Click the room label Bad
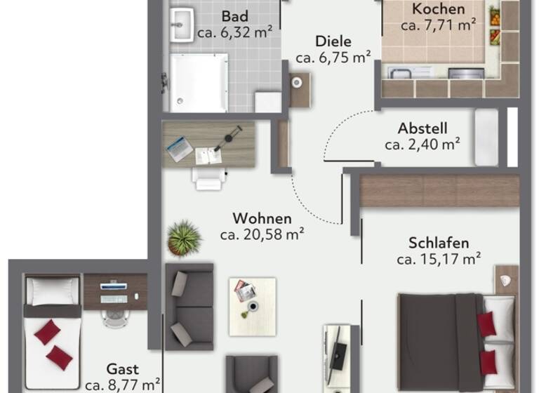point(235,16)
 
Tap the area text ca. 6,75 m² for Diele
point(333,58)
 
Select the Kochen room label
point(439,10)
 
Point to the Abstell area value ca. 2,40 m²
point(422,145)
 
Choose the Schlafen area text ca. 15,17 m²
point(438,260)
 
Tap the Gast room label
point(122,369)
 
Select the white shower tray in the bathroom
point(199,83)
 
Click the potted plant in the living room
point(185,239)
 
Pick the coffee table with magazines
point(252,300)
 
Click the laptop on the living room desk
point(179,147)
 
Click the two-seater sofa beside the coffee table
point(189,306)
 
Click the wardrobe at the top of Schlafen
point(439,190)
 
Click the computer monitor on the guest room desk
point(114,286)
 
